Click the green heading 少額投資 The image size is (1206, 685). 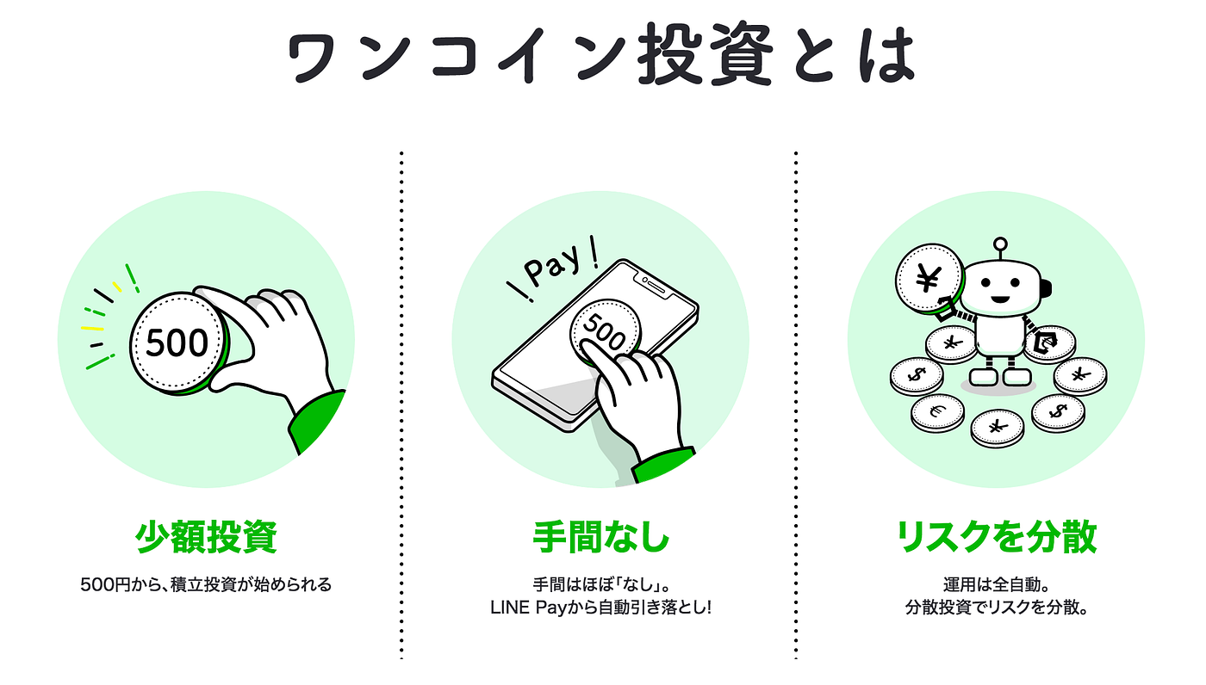(x=206, y=536)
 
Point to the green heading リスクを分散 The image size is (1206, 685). (x=996, y=536)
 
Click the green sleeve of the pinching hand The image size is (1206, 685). (x=318, y=422)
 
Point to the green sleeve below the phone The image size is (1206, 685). (x=662, y=466)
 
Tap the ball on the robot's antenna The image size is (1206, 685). (x=1000, y=244)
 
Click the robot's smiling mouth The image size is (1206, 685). (x=1000, y=301)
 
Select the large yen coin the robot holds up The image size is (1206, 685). (x=929, y=278)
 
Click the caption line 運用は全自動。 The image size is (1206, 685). (x=996, y=584)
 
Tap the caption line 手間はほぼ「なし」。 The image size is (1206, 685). (x=600, y=584)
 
